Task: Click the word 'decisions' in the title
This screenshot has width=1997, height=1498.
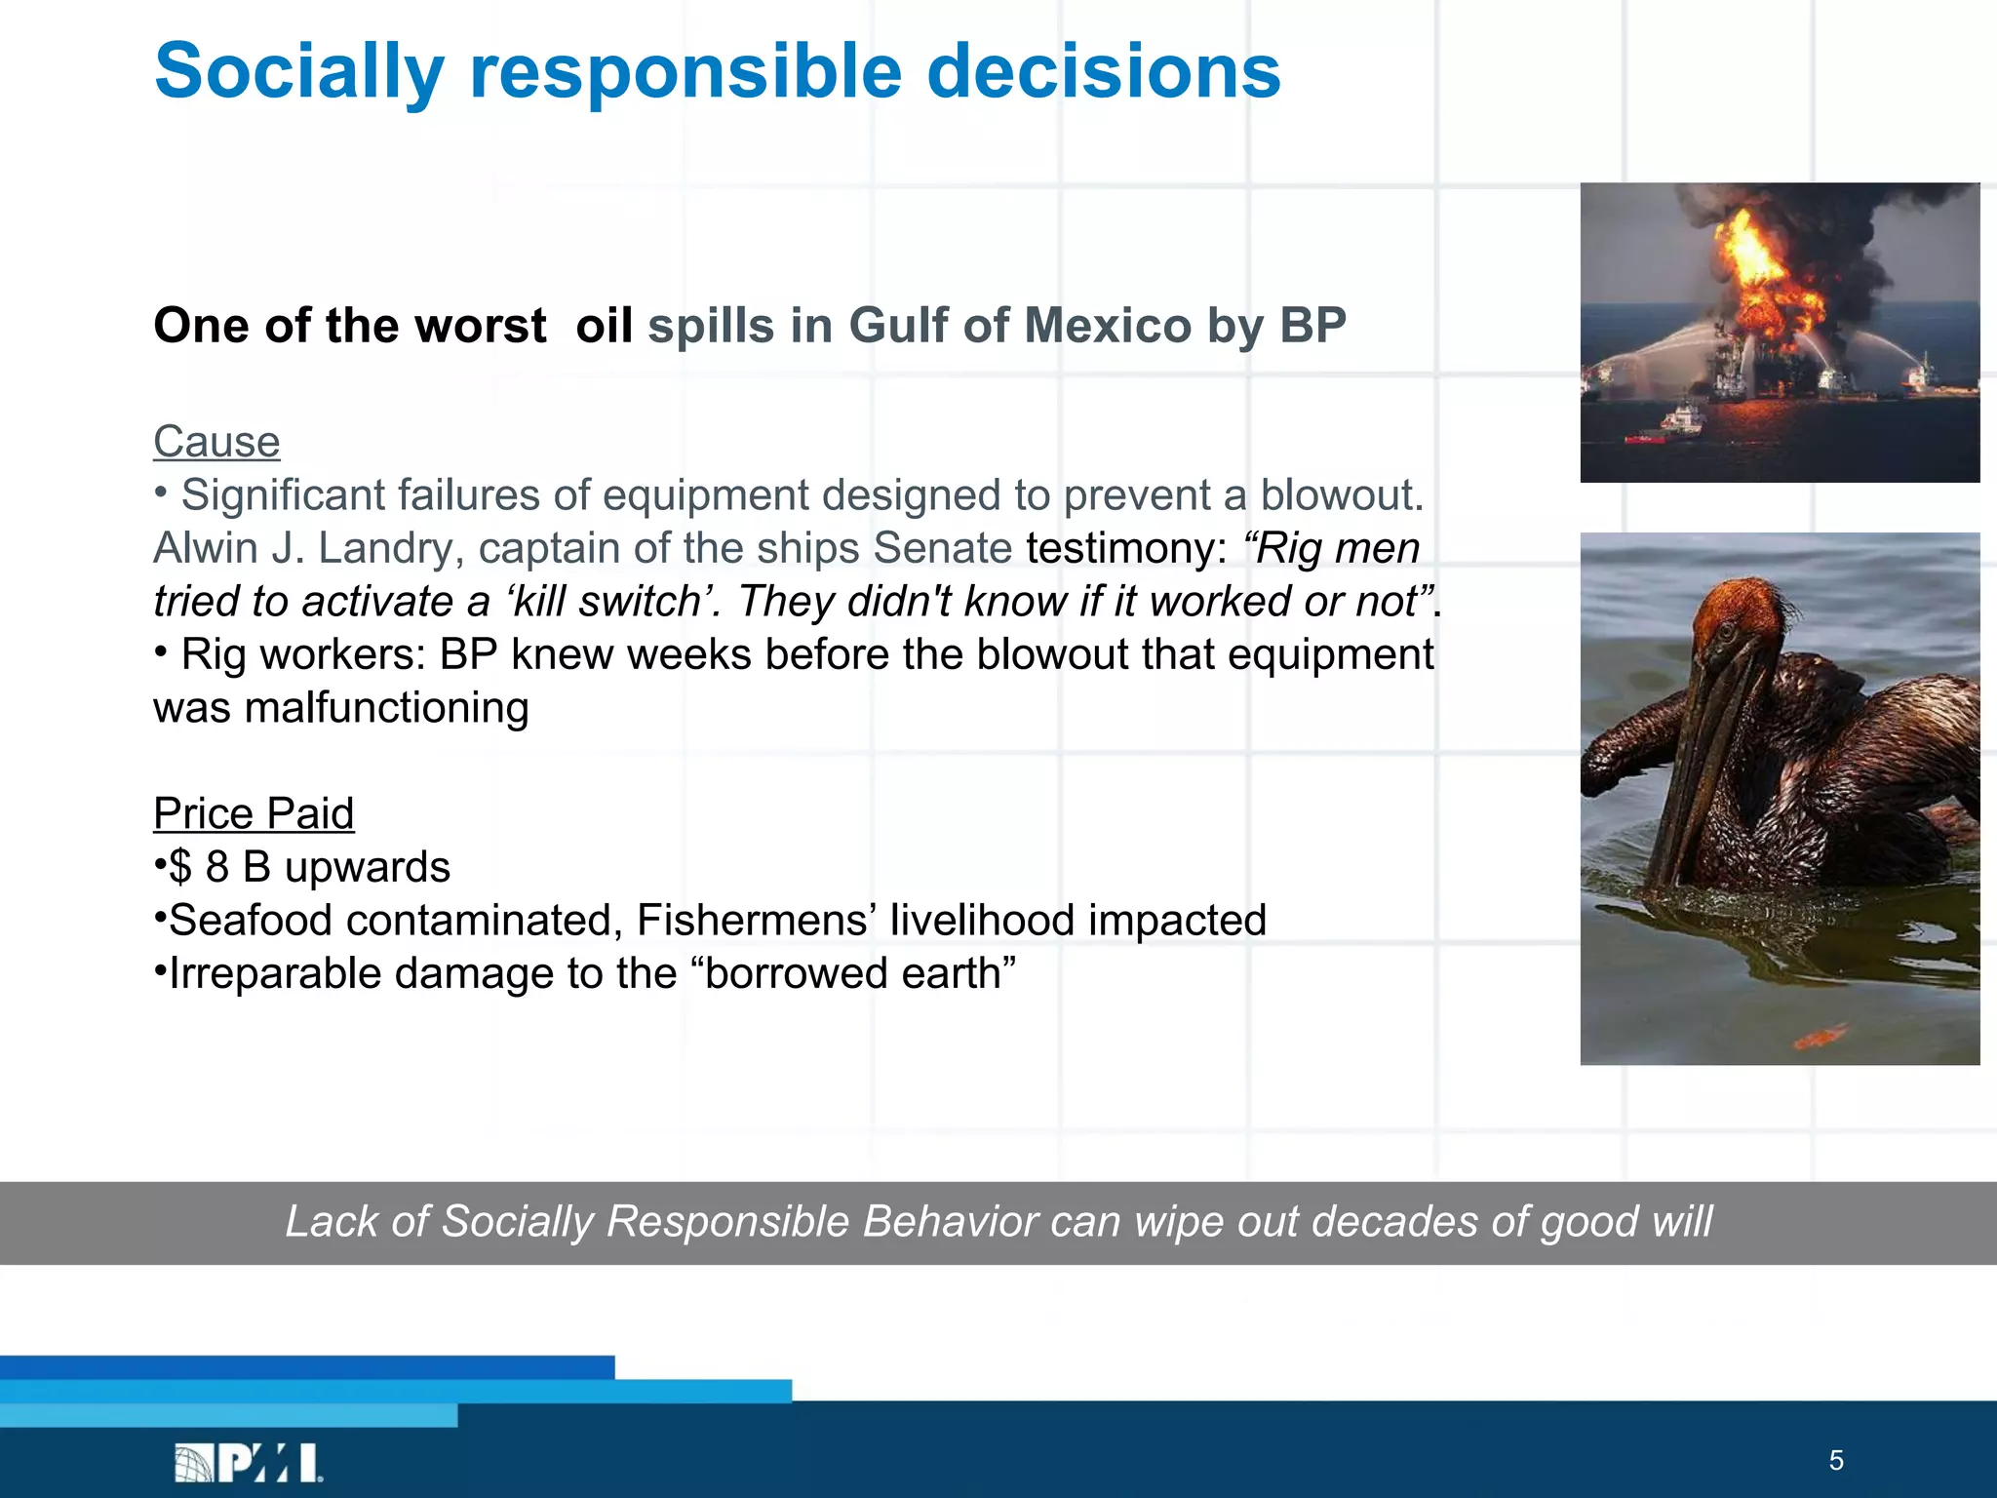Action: coord(1103,72)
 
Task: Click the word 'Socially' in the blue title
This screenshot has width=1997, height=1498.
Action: coord(298,72)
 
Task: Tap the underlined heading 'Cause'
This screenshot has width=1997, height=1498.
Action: coord(216,442)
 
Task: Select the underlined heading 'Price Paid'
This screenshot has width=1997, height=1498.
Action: coord(254,813)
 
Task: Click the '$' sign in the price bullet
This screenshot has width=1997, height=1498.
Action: coord(180,867)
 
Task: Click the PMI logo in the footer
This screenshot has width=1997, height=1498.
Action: coord(249,1463)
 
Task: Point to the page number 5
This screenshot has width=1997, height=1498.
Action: coord(1836,1461)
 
